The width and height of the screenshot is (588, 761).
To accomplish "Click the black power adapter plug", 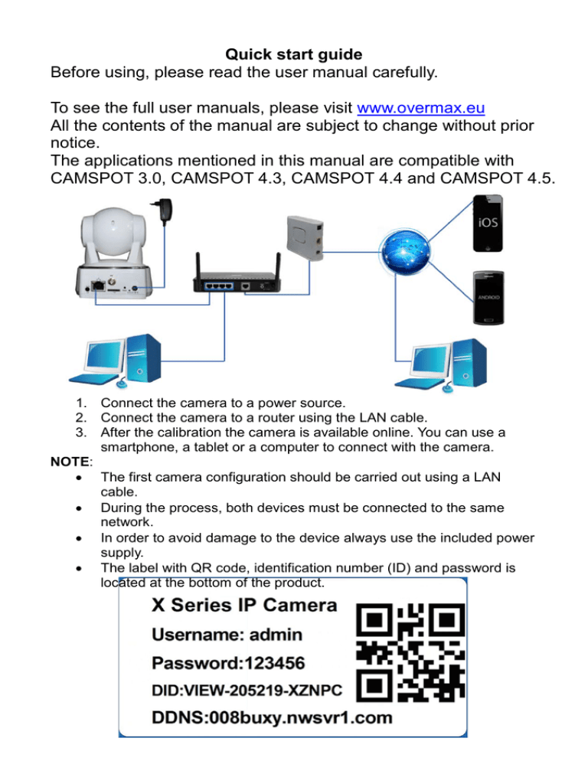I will pos(162,212).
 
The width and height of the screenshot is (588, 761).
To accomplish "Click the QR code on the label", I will pos(411,653).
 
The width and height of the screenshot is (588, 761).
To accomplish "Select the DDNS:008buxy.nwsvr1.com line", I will pos(272,718).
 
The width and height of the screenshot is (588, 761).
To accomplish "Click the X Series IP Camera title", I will pos(243,605).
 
